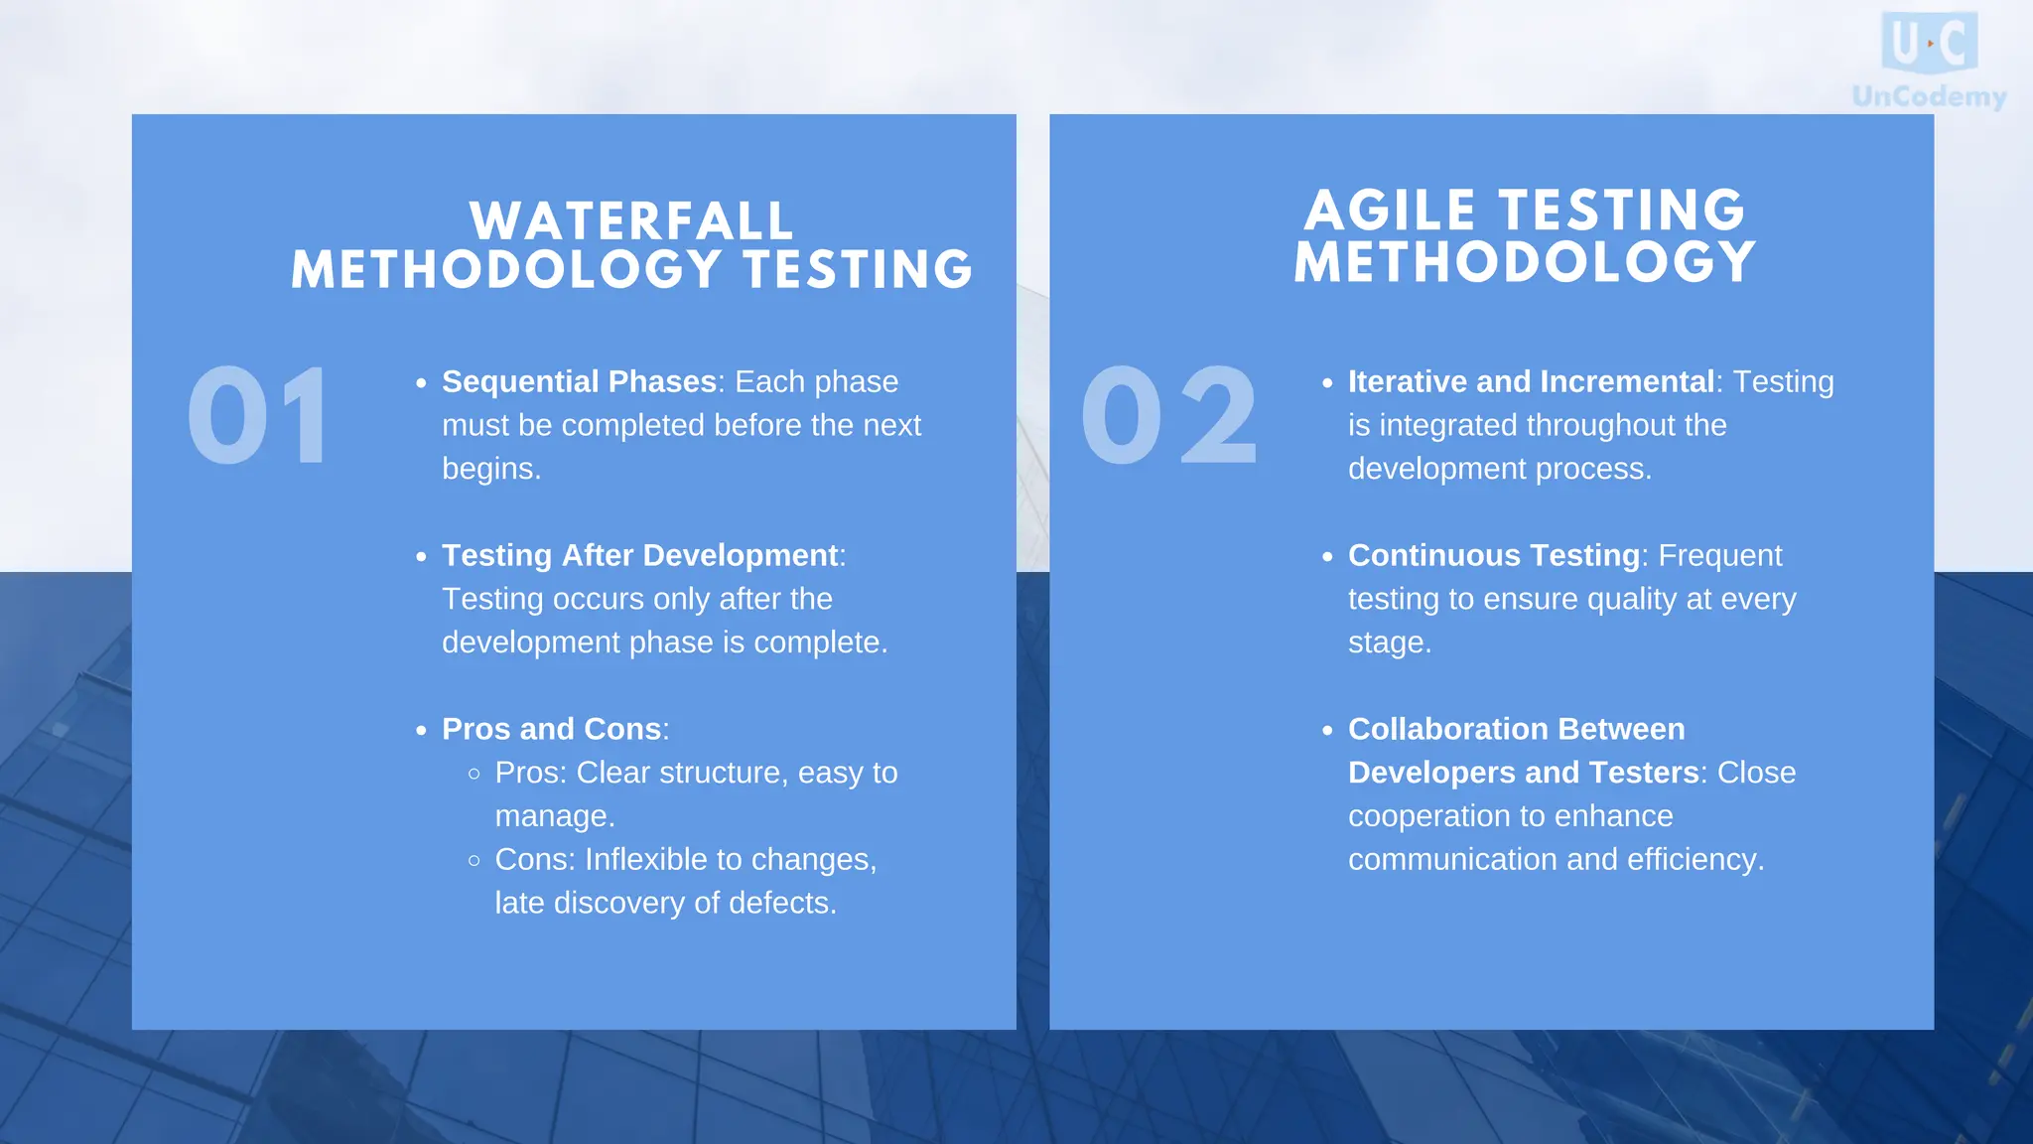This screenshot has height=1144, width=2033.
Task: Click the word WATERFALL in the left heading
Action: (x=631, y=221)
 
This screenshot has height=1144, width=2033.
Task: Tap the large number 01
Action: (x=258, y=415)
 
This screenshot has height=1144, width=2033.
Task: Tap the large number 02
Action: (x=1169, y=415)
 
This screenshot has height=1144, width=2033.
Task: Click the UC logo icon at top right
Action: (x=1929, y=43)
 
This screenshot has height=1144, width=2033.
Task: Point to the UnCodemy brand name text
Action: (x=1929, y=96)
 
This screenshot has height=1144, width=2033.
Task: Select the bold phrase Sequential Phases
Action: (x=579, y=381)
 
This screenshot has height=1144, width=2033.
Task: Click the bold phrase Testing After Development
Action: (x=640, y=555)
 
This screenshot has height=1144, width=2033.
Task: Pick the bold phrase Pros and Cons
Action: (x=551, y=729)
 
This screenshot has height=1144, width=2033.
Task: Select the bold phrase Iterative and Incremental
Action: (x=1531, y=381)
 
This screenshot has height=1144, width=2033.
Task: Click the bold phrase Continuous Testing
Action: (x=1493, y=555)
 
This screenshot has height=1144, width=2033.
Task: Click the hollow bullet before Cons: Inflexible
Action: (x=474, y=860)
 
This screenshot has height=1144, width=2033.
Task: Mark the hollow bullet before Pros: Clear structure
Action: (x=474, y=774)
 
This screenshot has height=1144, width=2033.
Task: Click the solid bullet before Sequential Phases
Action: (x=421, y=383)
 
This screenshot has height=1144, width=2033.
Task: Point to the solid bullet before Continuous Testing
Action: (x=1327, y=557)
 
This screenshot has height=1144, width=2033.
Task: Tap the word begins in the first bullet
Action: (x=490, y=468)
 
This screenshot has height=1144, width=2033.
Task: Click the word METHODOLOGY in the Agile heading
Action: (x=1525, y=262)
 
